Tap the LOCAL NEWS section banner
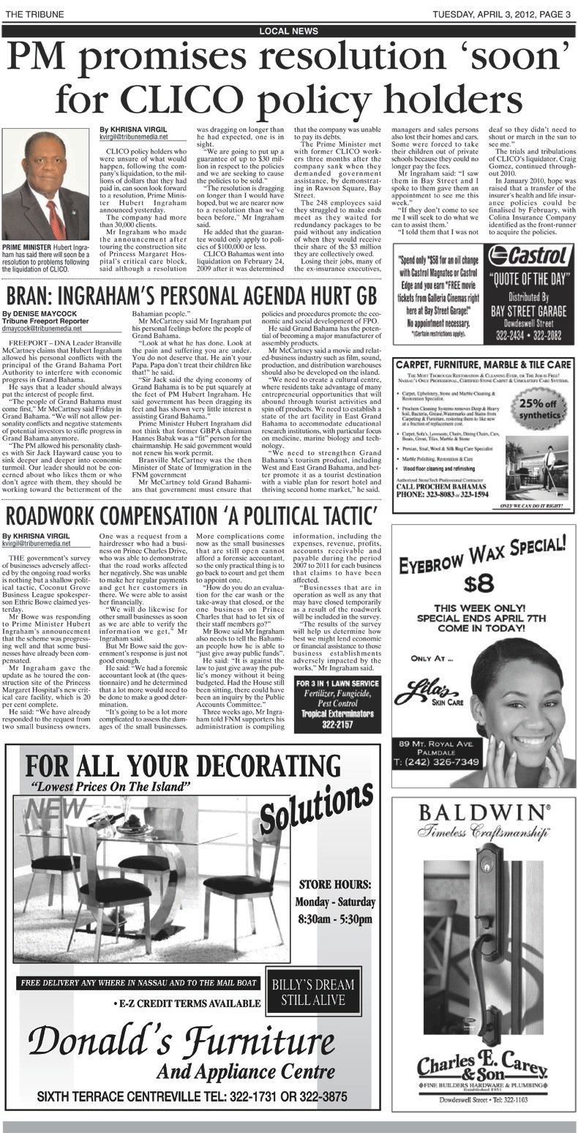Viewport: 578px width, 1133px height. (288, 31)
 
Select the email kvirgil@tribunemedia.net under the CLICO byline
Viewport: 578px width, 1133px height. (134, 137)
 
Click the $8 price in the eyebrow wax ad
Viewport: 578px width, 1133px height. (483, 582)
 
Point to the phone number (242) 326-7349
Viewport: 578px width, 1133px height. (439, 762)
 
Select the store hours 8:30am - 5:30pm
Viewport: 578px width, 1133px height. (335, 919)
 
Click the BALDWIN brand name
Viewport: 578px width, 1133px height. (482, 813)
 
